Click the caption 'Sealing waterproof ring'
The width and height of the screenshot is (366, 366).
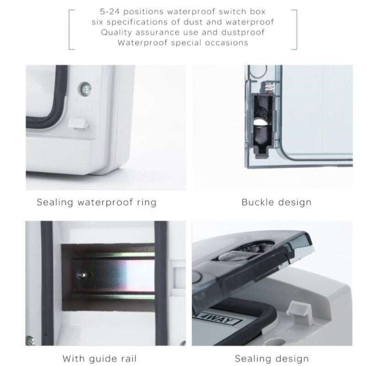(97, 202)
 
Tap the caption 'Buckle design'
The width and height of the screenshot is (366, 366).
(276, 202)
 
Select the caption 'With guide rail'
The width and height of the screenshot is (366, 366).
(99, 359)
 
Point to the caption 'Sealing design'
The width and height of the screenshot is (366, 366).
(272, 359)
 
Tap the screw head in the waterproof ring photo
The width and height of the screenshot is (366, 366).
(85, 89)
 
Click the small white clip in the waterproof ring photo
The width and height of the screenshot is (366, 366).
(78, 124)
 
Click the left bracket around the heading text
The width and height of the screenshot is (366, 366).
(70, 30)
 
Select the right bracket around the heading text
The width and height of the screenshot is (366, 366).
(296, 30)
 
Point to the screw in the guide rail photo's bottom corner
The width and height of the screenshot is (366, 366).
(30, 341)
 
